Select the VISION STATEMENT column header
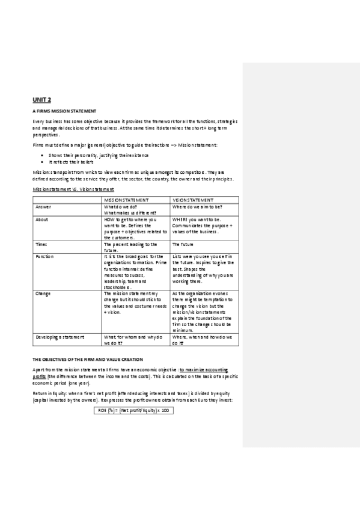pyautogui.click(x=193, y=199)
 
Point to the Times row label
pyautogui.click(x=41, y=245)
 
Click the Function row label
pyautogui.click(x=44, y=256)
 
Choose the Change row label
pyautogui.click(x=43, y=293)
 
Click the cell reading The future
pyautogui.click(x=182, y=245)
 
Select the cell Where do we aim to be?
pyautogui.click(x=198, y=207)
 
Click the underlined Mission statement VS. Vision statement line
pyautogui.click(x=70, y=189)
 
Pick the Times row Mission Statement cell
pyautogui.click(x=130, y=247)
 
